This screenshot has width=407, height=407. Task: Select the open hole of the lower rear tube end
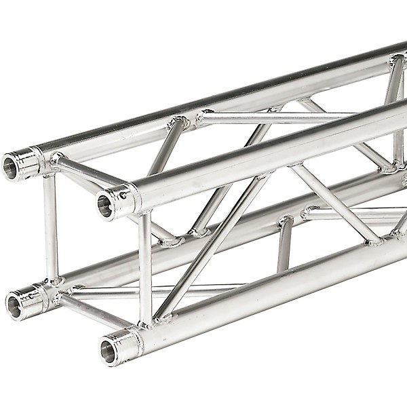click(14, 307)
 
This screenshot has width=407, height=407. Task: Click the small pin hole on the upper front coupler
click(123, 195)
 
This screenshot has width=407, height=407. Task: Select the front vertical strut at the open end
click(145, 268)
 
